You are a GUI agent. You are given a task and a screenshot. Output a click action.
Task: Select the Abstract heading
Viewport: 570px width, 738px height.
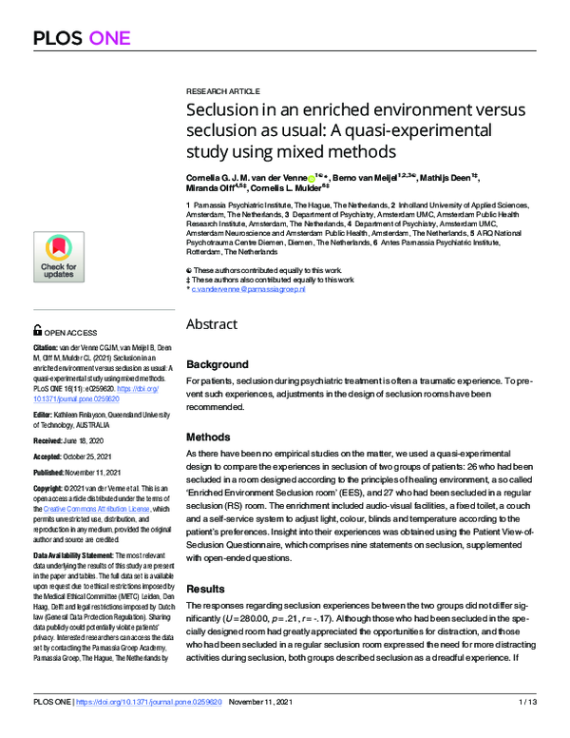point(212,324)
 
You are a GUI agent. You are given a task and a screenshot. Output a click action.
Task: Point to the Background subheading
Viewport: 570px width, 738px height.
point(218,364)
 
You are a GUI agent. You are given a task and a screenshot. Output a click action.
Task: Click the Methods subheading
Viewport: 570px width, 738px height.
point(208,437)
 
